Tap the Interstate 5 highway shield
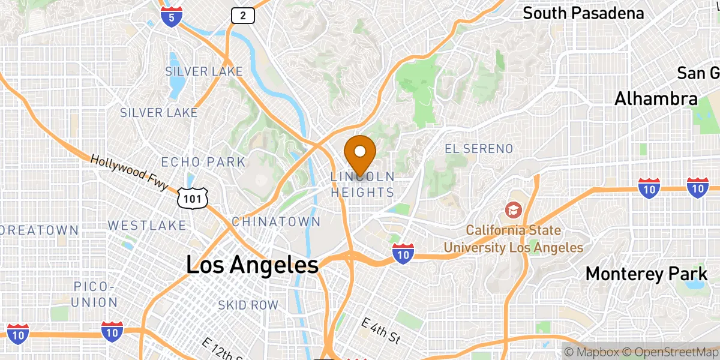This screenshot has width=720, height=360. point(172,17)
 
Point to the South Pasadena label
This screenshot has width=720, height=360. point(583,13)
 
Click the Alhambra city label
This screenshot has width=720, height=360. point(656,99)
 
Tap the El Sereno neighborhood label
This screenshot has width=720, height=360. point(479,148)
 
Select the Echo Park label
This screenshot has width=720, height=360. point(203,162)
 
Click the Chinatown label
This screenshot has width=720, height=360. point(276,222)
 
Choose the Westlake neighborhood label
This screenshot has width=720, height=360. point(147,226)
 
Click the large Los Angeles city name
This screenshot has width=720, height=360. point(252,265)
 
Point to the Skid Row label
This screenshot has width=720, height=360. point(248,305)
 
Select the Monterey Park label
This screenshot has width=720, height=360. point(646,274)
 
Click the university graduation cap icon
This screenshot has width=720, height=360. point(514,209)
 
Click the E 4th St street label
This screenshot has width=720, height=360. point(380,330)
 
